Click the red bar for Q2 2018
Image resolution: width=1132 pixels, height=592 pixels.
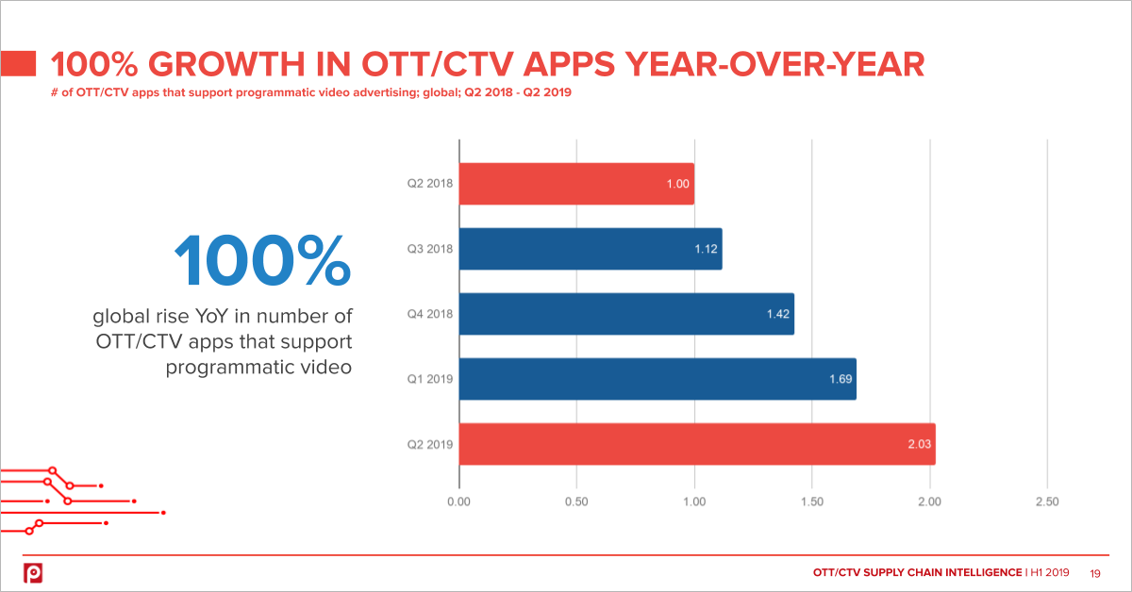[x=575, y=185]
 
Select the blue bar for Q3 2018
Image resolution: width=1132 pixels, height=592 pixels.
[x=591, y=250]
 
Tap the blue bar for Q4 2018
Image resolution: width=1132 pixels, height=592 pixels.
[x=626, y=314]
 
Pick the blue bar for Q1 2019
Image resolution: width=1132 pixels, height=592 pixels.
[x=658, y=379]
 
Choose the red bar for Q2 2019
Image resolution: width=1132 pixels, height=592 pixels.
[x=697, y=444]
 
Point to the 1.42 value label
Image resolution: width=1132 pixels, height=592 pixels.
[x=777, y=314]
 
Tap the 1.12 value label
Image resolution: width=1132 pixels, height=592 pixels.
[x=706, y=250]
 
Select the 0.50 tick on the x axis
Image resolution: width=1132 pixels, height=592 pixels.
[x=576, y=502]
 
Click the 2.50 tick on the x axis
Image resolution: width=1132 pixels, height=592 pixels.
[x=1047, y=502]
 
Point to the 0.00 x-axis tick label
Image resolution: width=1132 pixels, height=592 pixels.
[x=458, y=502]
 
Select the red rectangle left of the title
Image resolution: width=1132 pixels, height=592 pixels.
[x=19, y=64]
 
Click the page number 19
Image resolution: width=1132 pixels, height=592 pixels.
[x=1096, y=572]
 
